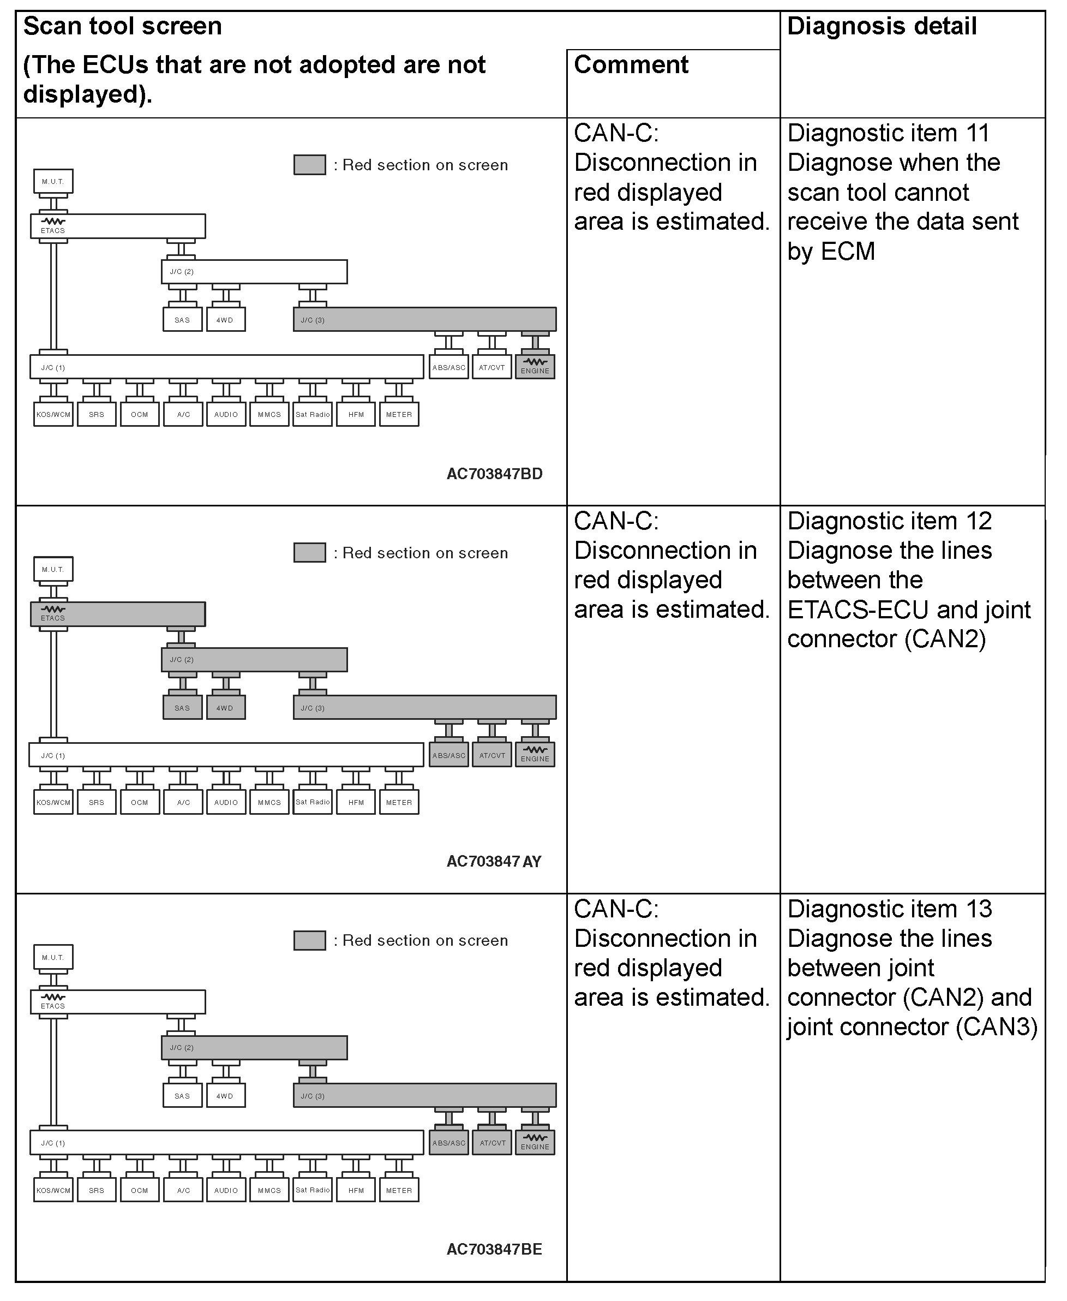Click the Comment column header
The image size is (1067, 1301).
click(x=631, y=64)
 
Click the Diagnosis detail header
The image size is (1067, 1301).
click(x=882, y=26)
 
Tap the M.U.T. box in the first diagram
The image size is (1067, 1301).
click(x=53, y=181)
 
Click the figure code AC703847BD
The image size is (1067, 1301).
click(x=494, y=474)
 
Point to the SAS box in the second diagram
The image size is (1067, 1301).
click(x=182, y=708)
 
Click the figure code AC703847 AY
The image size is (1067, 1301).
click(x=494, y=861)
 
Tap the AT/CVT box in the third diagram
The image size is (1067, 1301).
click(x=493, y=1143)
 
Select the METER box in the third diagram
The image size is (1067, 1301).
click(x=399, y=1190)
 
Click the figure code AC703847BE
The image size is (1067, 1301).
click(x=494, y=1249)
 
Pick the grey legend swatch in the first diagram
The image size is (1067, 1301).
click(x=309, y=165)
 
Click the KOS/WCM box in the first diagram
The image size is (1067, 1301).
click(x=53, y=414)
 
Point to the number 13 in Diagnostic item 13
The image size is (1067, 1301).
click(x=979, y=909)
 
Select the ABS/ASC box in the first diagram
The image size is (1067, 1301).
click(x=449, y=367)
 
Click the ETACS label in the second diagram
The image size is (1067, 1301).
click(x=53, y=618)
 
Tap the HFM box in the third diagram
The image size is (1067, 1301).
click(x=356, y=1190)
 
